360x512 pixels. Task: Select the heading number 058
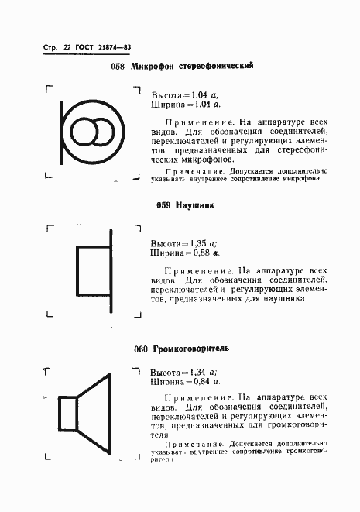[x=118, y=67]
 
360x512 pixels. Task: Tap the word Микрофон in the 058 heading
[x=153, y=67]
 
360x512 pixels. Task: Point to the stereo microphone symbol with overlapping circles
[x=91, y=132]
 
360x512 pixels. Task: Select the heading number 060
[x=140, y=349]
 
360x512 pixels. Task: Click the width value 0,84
[x=199, y=382]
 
